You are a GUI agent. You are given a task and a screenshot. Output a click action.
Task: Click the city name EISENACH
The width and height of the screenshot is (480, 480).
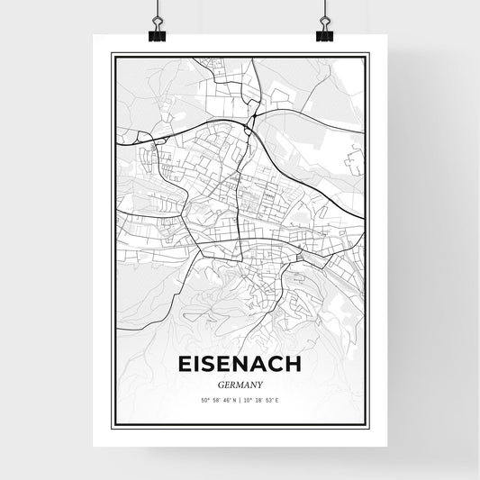(240, 366)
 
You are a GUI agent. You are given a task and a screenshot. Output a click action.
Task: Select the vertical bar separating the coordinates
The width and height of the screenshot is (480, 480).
(240, 399)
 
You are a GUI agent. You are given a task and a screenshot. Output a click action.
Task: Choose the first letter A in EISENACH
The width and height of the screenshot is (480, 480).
(261, 366)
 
